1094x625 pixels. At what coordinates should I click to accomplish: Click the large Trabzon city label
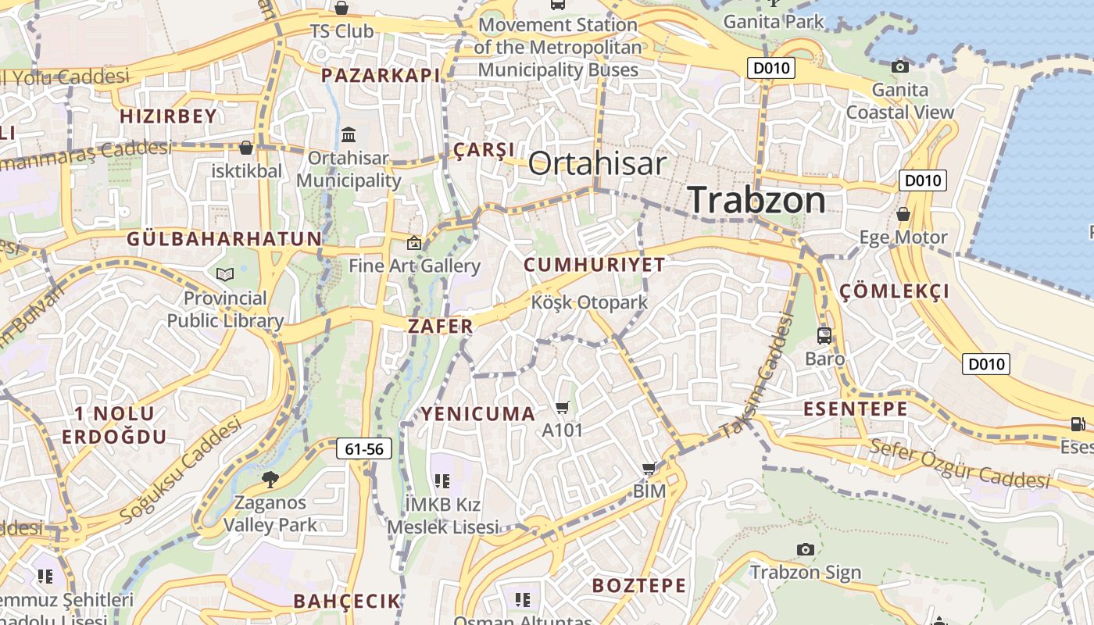(756, 200)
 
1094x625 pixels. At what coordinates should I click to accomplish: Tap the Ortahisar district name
(597, 163)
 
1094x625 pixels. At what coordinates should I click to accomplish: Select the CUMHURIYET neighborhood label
(594, 264)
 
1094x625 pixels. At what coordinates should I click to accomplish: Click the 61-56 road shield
(364, 448)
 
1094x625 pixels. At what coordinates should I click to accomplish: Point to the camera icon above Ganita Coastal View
(900, 67)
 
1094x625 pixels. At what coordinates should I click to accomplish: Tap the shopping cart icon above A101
(563, 407)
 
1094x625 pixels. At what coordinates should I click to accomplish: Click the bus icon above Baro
(824, 336)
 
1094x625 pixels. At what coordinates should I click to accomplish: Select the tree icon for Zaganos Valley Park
(270, 479)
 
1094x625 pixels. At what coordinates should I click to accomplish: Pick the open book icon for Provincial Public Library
(225, 274)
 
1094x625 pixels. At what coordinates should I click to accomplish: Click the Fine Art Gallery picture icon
(414, 243)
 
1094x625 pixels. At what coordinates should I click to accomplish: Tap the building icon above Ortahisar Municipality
(349, 134)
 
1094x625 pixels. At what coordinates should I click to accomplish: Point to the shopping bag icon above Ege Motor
(903, 213)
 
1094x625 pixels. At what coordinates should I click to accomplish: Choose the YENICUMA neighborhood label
(479, 413)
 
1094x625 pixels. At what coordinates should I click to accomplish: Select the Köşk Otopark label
(590, 302)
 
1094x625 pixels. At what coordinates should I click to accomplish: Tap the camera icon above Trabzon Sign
(806, 549)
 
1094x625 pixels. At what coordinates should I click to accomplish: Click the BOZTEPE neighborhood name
(639, 585)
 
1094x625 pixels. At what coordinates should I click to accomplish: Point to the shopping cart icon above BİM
(649, 469)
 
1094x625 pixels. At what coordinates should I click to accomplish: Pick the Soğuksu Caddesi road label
(181, 471)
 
